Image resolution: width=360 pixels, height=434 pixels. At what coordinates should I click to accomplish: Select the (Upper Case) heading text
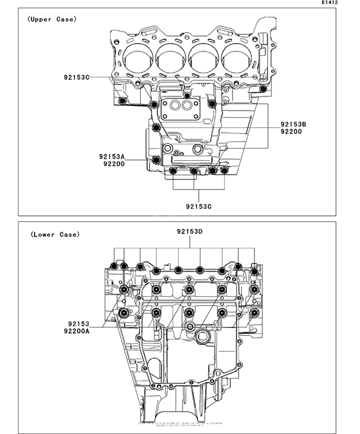point(51,19)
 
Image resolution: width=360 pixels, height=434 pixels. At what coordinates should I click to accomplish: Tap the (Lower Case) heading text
point(55,234)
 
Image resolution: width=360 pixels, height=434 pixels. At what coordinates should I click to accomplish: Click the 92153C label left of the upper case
point(78,78)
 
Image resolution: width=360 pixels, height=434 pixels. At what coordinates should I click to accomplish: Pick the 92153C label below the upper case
point(199,206)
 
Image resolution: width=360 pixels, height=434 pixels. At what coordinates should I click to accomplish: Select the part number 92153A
point(112,156)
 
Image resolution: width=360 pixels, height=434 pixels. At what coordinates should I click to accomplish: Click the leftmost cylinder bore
point(138,60)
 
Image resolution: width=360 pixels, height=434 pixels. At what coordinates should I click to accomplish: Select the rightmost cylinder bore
point(239,60)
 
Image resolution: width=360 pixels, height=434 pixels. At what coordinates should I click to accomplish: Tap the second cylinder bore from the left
point(172,60)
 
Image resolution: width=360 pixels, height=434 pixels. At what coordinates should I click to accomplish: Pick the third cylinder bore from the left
point(206,60)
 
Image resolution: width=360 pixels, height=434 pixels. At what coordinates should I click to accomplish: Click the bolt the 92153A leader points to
point(156,159)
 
